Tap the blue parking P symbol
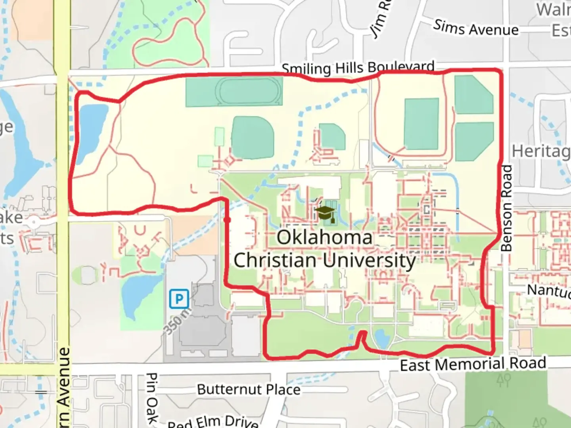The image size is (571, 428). point(178,298)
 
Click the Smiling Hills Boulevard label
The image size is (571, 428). point(358,68)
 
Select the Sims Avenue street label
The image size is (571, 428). point(476,28)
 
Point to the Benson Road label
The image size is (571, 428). point(506,208)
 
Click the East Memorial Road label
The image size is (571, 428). point(473,364)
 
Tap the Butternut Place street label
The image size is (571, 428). point(249,389)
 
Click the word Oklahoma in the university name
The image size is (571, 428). point(324,238)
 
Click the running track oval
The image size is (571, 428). point(249,91)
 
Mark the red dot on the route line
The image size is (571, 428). point(227,219)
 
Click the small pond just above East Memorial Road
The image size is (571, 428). point(381,338)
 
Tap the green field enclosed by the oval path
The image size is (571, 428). point(421,124)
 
